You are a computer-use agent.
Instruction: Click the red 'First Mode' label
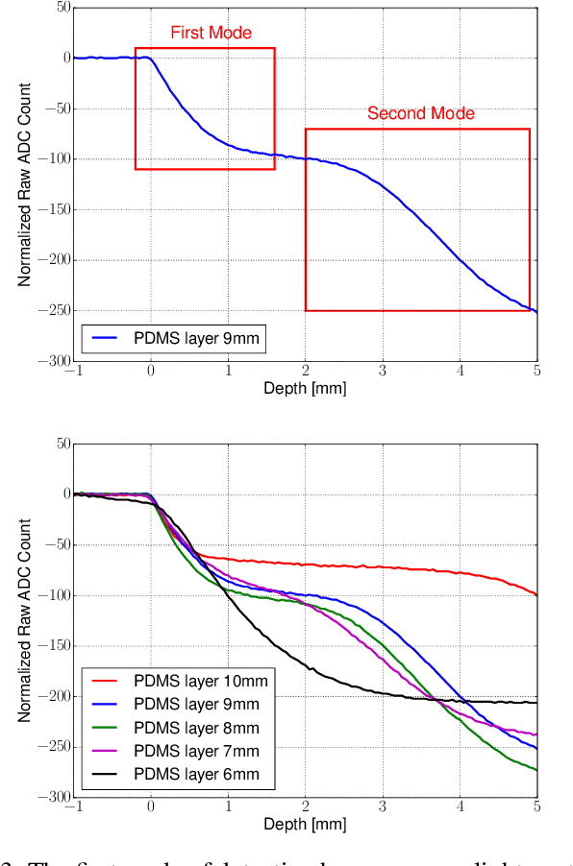[x=211, y=34]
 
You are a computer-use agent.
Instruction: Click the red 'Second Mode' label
[x=420, y=114]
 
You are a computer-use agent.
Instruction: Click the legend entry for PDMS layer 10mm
[x=182, y=683]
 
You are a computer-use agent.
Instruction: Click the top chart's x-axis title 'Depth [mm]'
[x=305, y=388]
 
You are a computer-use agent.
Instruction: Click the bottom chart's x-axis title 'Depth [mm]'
[x=305, y=824]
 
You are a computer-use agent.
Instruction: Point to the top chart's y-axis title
[x=25, y=183]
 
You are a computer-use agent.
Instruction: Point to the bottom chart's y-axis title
[x=25, y=619]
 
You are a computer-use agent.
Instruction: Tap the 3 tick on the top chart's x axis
[x=383, y=372]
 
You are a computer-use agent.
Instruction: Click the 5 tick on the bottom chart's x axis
[x=536, y=807]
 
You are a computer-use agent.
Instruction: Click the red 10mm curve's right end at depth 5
[x=536, y=594]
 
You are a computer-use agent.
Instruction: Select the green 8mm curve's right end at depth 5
[x=536, y=770]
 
